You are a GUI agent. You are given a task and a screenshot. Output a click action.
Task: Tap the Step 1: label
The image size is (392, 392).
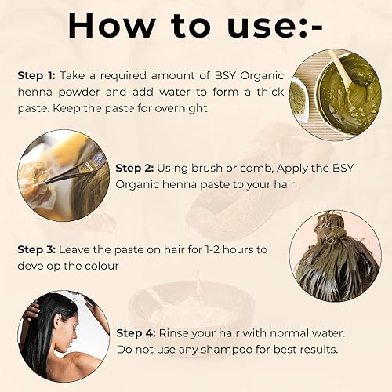point(35,76)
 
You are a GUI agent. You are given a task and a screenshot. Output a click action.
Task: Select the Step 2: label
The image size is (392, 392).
point(134,168)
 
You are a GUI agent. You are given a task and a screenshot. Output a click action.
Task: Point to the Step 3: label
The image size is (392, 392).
point(35,250)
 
